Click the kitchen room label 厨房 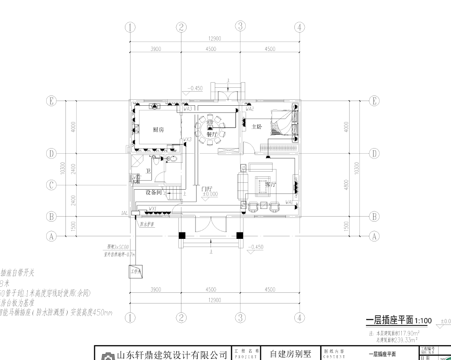tap(158, 130)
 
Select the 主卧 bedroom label tap(257, 127)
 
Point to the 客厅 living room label tap(270, 185)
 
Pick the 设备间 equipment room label tap(154, 193)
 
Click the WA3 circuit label tap(187, 110)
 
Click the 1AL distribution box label tap(125, 213)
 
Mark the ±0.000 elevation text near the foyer tap(210, 194)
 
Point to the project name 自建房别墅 tap(289, 354)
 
